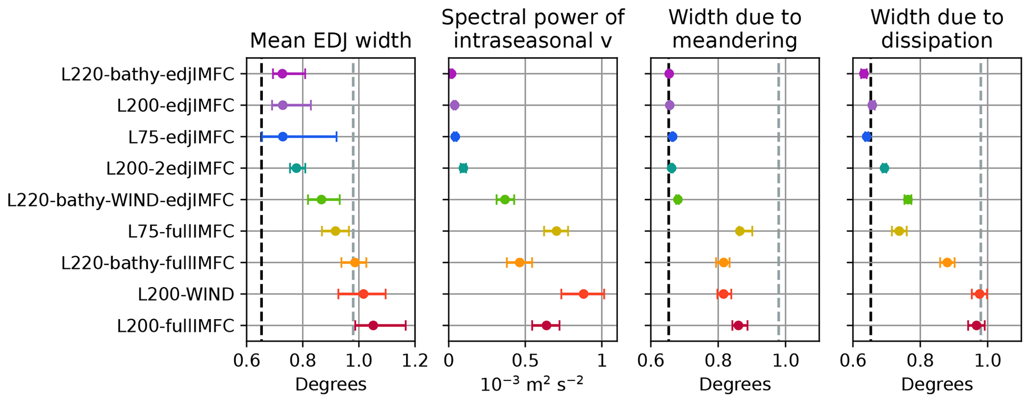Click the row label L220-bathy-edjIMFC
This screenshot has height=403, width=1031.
(148, 74)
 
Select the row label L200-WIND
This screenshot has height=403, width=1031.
(186, 295)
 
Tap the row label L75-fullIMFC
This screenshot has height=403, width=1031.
(181, 232)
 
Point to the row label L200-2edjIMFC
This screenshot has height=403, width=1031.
(170, 169)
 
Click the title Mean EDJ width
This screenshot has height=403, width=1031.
(330, 40)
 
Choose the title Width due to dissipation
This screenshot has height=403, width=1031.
(937, 29)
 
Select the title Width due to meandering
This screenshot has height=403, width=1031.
(735, 29)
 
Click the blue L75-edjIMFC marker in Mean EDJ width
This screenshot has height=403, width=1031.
(283, 137)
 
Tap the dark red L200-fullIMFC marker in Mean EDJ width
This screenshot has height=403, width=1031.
(373, 326)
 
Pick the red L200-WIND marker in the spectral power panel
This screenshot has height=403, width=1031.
(583, 294)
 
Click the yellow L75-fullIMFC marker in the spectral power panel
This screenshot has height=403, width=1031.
(556, 231)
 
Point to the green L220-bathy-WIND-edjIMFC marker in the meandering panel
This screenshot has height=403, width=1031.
(677, 200)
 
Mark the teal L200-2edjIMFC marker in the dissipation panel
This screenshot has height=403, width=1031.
(884, 168)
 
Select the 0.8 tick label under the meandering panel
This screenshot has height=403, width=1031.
(718, 361)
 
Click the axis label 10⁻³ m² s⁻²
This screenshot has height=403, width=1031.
(532, 384)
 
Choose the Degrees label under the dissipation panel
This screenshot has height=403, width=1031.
(937, 385)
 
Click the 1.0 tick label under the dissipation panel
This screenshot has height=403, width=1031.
(987, 361)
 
